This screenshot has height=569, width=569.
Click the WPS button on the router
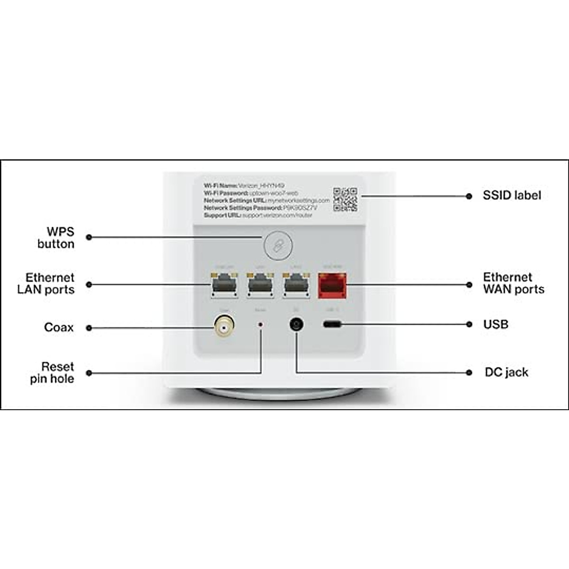[x=278, y=245]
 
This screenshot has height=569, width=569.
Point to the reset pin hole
[x=260, y=325]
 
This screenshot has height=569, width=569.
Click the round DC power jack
[x=297, y=325]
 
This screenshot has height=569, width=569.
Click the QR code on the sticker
[x=345, y=200]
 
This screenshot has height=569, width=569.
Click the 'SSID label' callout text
[x=512, y=195]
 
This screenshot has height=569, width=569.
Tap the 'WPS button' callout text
[x=56, y=238]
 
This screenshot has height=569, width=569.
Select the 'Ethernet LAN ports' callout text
[x=46, y=284]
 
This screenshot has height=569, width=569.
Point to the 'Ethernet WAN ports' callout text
[x=514, y=283]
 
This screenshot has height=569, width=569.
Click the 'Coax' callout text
[x=59, y=327]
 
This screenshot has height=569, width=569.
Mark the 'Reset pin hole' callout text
[x=52, y=373]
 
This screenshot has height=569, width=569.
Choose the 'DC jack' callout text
[x=506, y=372]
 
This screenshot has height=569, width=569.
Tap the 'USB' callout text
[x=496, y=324]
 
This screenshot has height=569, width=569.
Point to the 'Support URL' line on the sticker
[x=258, y=215]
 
